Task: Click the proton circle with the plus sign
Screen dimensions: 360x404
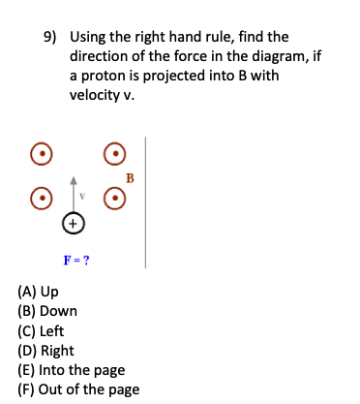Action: pos(73,224)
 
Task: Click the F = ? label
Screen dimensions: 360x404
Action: pos(76,260)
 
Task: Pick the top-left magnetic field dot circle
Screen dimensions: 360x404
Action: pos(39,153)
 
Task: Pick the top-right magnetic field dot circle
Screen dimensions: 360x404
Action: pos(115,153)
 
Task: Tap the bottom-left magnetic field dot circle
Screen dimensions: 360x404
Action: pos(39,197)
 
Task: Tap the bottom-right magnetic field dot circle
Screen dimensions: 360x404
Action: pos(115,197)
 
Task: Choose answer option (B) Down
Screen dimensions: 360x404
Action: pos(47,311)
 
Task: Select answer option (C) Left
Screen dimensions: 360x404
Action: pos(42,330)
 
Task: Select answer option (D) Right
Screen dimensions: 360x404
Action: pos(45,350)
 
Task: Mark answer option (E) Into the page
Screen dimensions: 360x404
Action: pos(72,369)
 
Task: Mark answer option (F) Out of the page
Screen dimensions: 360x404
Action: pos(78,388)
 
